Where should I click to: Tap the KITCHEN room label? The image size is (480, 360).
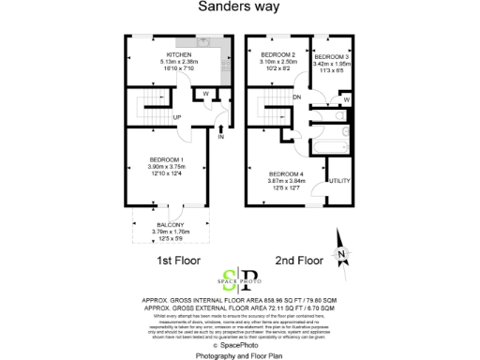[179, 54]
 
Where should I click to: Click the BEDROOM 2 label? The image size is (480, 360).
[277, 55]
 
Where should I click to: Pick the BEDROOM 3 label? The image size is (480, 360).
[333, 55]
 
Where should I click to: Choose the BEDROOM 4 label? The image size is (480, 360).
[286, 174]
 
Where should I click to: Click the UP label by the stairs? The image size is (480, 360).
[175, 115]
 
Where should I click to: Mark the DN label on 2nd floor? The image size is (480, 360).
[296, 97]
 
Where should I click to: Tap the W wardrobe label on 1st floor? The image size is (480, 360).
[206, 93]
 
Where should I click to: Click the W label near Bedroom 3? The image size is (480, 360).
[346, 99]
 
